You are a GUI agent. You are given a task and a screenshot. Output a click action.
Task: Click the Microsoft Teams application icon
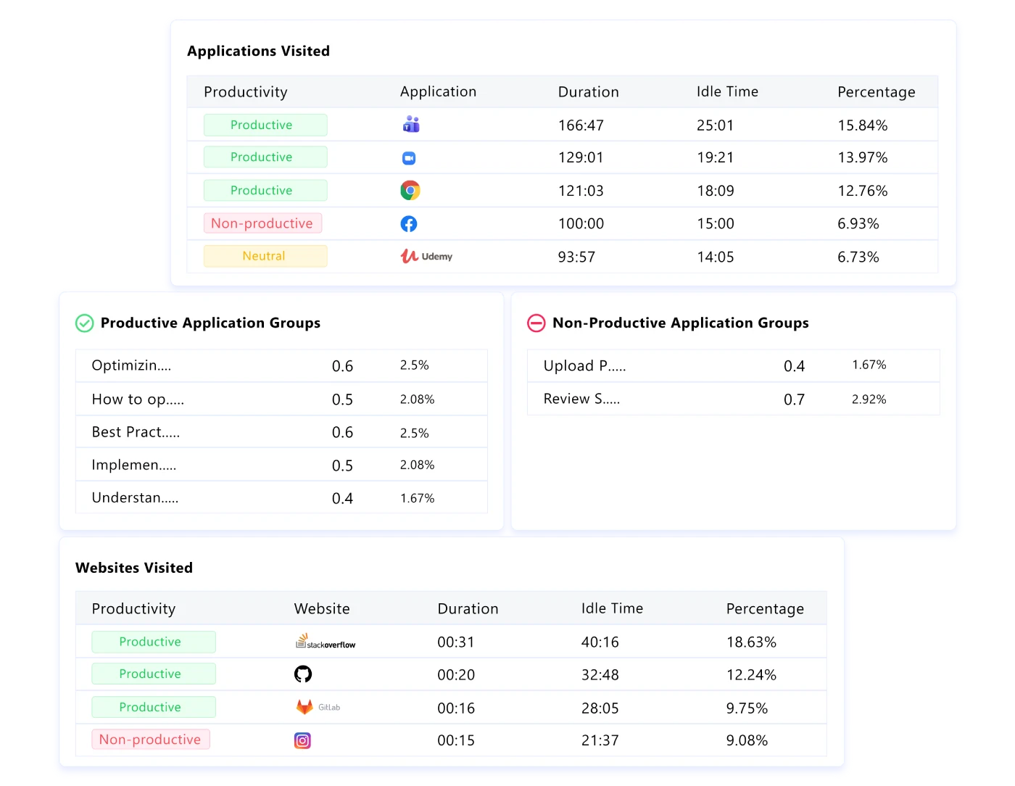(410, 125)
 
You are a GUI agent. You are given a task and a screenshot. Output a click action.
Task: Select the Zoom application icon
(409, 158)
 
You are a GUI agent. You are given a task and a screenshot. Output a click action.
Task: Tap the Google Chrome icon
(410, 191)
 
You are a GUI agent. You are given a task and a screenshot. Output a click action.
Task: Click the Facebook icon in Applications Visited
(409, 224)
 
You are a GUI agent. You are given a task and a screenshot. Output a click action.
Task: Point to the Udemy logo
(426, 256)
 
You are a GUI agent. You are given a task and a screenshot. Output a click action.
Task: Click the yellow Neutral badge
(265, 256)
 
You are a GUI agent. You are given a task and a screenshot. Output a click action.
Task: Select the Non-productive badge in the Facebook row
(262, 223)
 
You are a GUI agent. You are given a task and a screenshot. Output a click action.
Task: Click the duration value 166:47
(581, 125)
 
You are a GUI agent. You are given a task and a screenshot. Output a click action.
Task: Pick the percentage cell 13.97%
(862, 157)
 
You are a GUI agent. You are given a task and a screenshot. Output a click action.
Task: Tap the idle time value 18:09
(715, 191)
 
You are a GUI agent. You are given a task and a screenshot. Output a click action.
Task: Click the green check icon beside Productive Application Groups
(85, 323)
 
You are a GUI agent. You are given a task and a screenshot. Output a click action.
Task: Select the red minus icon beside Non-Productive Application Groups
(536, 323)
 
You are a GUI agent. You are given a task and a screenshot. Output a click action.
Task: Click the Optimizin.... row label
(131, 365)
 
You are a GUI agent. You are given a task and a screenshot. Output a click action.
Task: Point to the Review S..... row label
(581, 399)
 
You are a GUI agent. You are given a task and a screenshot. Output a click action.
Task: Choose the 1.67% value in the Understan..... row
(417, 498)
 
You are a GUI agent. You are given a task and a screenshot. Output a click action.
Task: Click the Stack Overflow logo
(326, 642)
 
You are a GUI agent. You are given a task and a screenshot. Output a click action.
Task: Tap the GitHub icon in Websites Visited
(303, 674)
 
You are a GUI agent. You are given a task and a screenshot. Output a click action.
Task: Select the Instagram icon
(302, 740)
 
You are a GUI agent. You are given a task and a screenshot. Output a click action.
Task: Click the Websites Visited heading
(134, 568)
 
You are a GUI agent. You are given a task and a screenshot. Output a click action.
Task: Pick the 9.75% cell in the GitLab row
(747, 708)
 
